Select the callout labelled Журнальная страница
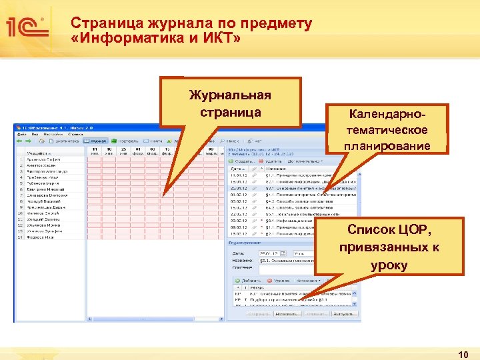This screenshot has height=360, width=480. point(231,102)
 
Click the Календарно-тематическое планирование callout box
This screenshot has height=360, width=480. point(386,129)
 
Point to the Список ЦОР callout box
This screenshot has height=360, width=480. point(389,247)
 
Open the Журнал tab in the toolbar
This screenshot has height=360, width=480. point(97,141)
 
